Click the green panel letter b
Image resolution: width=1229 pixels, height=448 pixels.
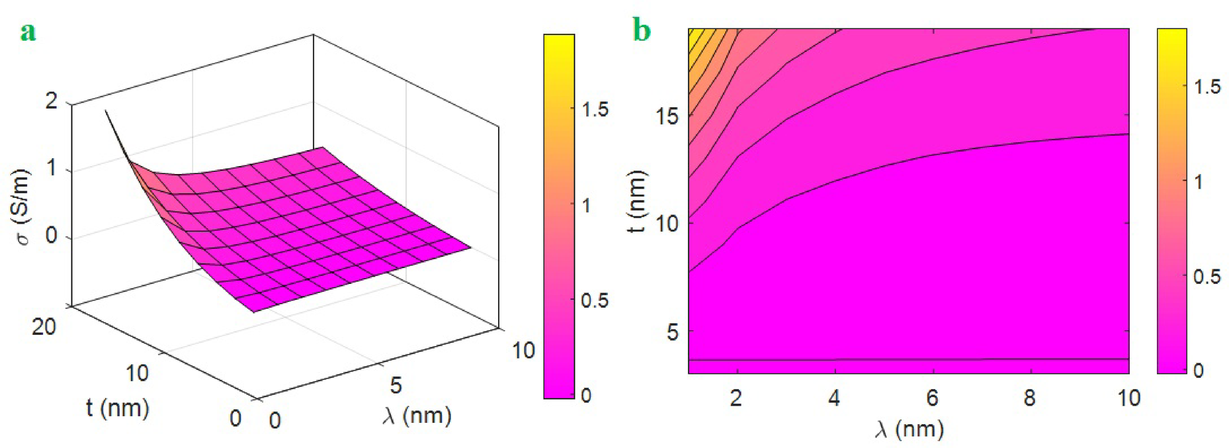point(642,30)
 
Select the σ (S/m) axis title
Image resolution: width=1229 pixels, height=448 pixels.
point(24,206)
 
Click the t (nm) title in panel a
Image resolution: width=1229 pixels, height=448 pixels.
point(117,408)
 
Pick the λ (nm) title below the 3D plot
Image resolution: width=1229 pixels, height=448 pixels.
point(417,416)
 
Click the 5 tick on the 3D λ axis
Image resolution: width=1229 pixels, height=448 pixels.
point(396,385)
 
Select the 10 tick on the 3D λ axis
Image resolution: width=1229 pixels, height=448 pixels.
point(523,350)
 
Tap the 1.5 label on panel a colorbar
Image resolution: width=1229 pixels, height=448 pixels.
point(595,110)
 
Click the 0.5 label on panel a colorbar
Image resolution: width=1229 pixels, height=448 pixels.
point(595,300)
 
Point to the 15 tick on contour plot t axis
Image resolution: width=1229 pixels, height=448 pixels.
point(667,116)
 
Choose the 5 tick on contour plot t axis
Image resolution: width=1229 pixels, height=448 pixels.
point(672,332)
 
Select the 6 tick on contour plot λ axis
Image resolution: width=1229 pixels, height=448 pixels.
point(931,398)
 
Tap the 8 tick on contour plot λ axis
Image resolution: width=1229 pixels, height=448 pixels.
point(1029,398)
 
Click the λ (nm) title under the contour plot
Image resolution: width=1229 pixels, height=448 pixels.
point(909,429)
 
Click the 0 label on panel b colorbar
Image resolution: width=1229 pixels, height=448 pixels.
point(1199,371)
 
